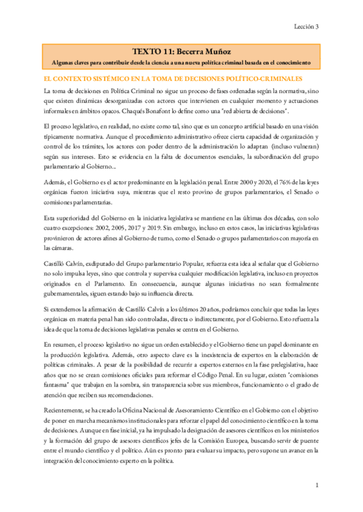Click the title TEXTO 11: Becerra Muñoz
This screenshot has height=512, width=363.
pos(181,53)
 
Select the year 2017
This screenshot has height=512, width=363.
pos(145,221)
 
